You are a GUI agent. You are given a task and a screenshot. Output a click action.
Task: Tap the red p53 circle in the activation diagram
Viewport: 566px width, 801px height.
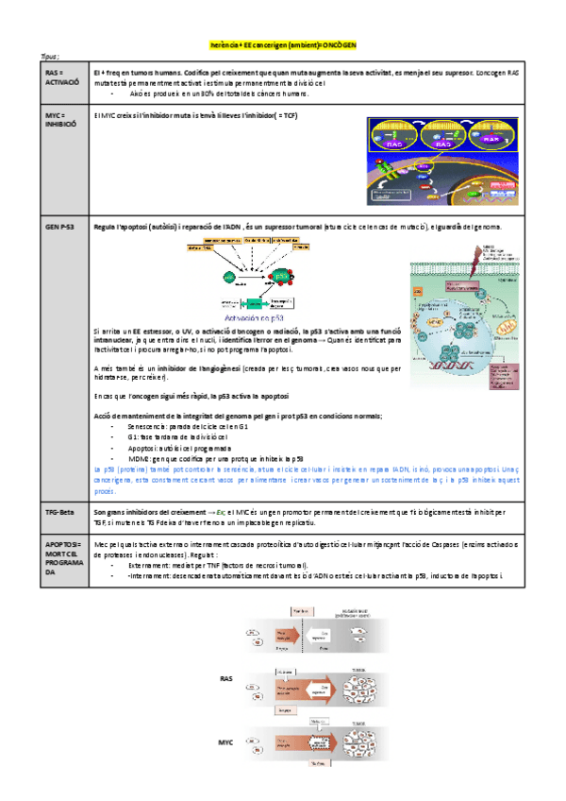pos(280,277)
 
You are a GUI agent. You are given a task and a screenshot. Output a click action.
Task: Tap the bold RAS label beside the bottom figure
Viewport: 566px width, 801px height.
pos(226,678)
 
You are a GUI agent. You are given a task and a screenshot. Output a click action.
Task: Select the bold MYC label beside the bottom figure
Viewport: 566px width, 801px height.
pos(226,742)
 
